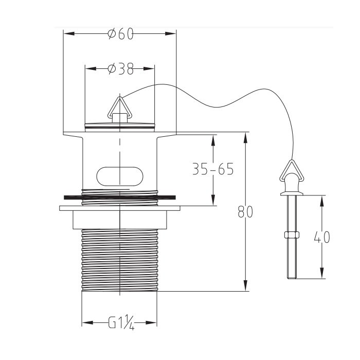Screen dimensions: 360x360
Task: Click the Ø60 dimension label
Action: click(x=120, y=34)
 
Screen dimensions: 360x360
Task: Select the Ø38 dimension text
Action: click(x=120, y=68)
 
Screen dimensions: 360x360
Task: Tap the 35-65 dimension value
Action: click(x=213, y=169)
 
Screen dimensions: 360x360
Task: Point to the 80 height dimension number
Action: click(x=245, y=212)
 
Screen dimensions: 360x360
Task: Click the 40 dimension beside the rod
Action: click(x=322, y=237)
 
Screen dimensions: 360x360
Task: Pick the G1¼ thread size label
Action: click(x=121, y=322)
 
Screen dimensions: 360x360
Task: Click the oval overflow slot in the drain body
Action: click(x=120, y=176)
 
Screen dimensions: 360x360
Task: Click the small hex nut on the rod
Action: click(x=292, y=235)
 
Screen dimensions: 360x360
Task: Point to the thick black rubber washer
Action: click(x=120, y=197)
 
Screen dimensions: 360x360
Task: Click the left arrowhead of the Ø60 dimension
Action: click(x=69, y=34)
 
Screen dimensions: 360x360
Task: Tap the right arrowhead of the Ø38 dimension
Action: click(x=149, y=68)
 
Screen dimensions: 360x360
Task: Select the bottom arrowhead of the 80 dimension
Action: click(x=245, y=285)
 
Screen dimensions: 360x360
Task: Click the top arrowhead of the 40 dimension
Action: click(x=322, y=201)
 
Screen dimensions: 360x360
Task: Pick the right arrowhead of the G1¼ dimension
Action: click(x=151, y=322)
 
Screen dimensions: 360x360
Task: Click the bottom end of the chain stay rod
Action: click(x=292, y=278)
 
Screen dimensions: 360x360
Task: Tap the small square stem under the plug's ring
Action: click(x=120, y=118)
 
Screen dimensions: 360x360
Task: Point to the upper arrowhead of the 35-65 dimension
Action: click(x=213, y=140)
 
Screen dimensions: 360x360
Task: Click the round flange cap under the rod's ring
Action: click(x=292, y=194)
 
